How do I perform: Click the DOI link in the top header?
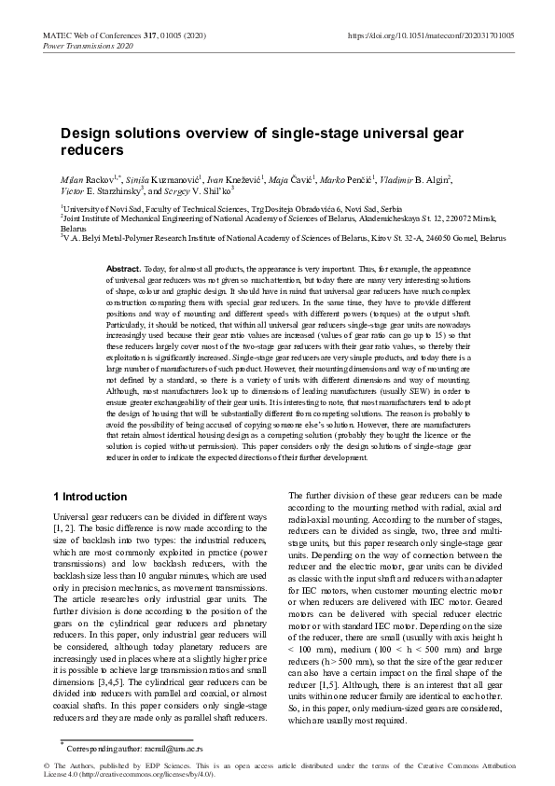coord(430,35)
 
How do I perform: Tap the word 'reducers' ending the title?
coord(93,149)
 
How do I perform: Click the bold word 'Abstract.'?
coord(124,268)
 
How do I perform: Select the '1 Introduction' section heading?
coord(90,497)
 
